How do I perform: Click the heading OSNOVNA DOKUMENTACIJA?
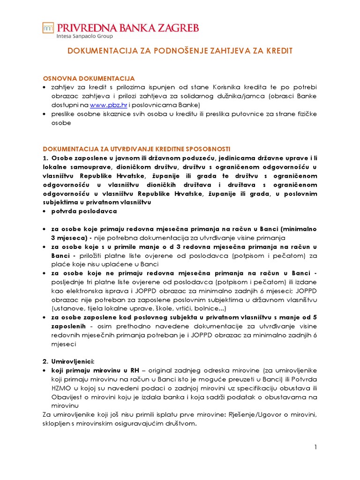click(x=89, y=78)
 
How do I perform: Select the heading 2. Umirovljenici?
click(x=68, y=361)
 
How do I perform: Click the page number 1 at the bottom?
click(x=316, y=448)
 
